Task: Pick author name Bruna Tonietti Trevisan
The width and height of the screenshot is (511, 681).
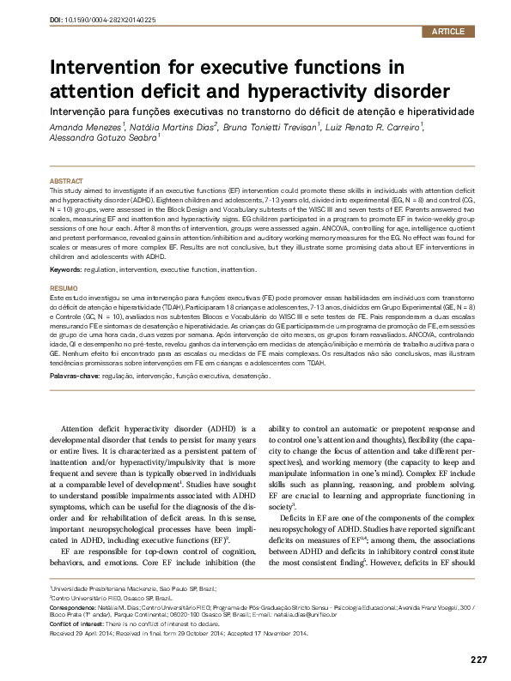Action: tap(271, 126)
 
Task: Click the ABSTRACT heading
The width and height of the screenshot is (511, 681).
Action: tap(67, 182)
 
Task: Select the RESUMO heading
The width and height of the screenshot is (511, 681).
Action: tap(65, 264)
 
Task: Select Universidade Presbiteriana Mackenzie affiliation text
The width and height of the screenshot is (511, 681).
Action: tap(108, 590)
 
